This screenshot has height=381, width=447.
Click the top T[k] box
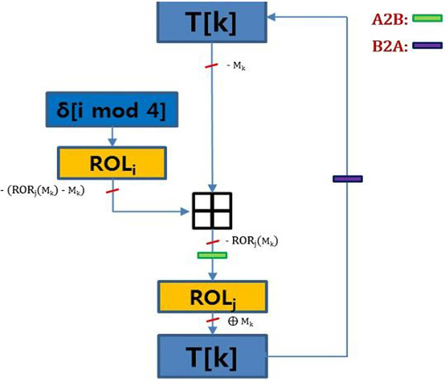coord(212,22)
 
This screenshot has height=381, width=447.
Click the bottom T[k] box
coord(213,356)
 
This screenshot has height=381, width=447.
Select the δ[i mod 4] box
coord(112,110)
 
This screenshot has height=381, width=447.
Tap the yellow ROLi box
coord(112,163)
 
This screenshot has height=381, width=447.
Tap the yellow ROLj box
coord(213,297)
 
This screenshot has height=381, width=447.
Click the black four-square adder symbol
coord(212,211)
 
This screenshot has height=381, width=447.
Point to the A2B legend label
coord(390,19)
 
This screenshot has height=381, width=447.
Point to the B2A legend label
coord(390,46)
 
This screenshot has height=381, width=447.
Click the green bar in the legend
coord(428,18)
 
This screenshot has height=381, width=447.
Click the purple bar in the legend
coord(428,45)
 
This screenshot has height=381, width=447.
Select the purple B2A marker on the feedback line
coord(348,179)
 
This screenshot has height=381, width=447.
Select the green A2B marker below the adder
coord(212,255)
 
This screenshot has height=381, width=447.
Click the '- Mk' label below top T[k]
coord(236,66)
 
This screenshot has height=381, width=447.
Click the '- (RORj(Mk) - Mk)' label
coord(43,191)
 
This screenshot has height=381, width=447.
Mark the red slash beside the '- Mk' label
coord(211,65)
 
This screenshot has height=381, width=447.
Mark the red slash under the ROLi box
coord(112,191)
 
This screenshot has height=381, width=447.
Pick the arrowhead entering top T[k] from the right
coord(271,17)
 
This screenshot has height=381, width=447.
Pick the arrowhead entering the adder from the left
coord(185,211)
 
